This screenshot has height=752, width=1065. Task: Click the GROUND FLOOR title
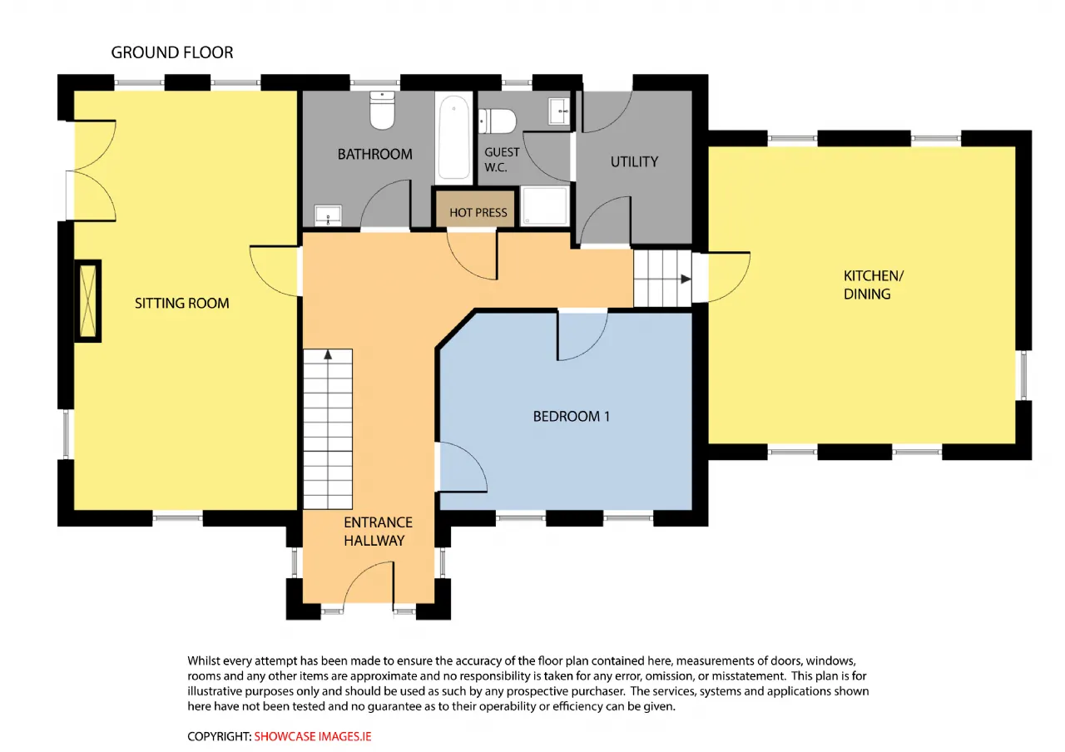[172, 52]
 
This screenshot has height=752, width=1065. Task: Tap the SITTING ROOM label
[182, 304]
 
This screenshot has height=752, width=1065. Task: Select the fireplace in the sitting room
[88, 301]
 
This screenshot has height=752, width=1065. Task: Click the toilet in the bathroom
[382, 111]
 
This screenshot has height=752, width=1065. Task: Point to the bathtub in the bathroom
[454, 137]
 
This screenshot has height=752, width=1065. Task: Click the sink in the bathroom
[328, 215]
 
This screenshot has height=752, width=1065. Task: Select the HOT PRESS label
[478, 212]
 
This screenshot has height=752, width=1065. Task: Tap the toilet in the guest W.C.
[497, 121]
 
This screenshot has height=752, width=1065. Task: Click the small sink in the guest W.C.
[558, 111]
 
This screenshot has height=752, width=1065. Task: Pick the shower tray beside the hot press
[545, 205]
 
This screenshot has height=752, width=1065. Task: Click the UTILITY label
[634, 162]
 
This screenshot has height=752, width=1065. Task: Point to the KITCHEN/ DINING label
[874, 284]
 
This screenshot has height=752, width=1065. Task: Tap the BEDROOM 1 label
[571, 417]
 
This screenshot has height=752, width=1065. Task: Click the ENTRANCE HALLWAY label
[378, 532]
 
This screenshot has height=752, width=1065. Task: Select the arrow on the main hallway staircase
[328, 354]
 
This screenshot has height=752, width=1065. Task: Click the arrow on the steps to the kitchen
[686, 279]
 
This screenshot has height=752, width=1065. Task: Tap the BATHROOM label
[374, 154]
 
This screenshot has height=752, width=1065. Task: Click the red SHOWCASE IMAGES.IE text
[312, 736]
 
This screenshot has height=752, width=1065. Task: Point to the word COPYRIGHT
[219, 736]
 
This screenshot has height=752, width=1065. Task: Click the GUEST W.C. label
[502, 160]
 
